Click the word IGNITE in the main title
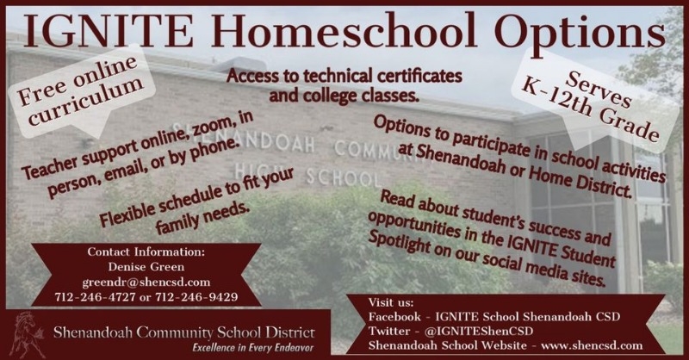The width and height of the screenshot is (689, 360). [109, 30]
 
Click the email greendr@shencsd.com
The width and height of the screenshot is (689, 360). [146, 282]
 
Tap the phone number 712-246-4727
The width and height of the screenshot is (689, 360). [95, 297]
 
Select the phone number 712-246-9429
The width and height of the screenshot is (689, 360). [196, 297]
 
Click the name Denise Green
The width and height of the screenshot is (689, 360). [146, 267]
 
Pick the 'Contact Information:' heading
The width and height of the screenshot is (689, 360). [146, 251]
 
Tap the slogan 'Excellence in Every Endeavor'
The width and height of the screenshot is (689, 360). [253, 348]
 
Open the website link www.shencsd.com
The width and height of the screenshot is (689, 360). [592, 345]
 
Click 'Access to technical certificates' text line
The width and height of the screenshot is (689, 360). [344, 76]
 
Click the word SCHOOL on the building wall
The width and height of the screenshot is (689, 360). [344, 177]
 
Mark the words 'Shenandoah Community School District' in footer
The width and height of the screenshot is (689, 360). [183, 332]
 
